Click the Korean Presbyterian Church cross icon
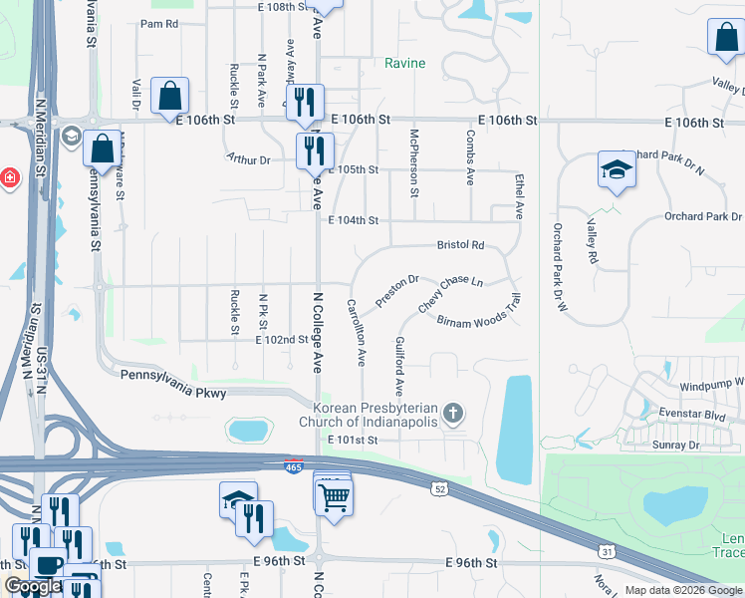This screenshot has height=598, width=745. [453, 413]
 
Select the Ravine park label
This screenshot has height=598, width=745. [405, 64]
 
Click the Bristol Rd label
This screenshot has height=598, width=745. [460, 245]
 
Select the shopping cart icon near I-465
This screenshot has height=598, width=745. [335, 494]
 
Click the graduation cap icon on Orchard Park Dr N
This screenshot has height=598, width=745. [617, 169]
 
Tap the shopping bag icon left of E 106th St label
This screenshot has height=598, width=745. [170, 97]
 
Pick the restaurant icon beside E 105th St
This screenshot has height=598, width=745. [316, 149]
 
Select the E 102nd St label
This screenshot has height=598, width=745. [282, 340]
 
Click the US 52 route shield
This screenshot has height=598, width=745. [439, 488]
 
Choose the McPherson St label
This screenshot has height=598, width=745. [414, 158]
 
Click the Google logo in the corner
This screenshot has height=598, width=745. [32, 586]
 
